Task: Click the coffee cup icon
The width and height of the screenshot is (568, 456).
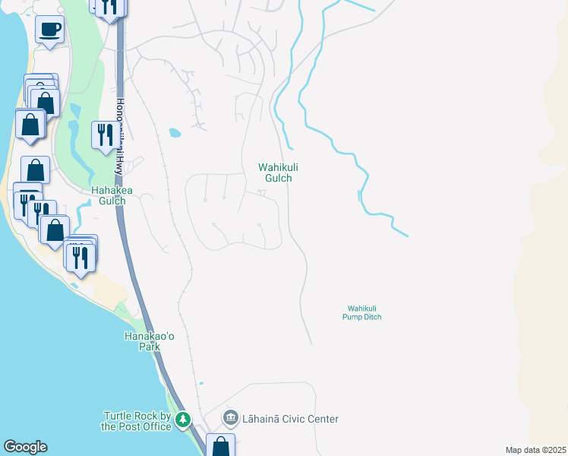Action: tap(49, 30)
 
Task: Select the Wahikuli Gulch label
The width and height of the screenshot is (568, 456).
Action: tap(275, 172)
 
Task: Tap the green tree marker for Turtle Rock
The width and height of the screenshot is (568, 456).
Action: tap(182, 420)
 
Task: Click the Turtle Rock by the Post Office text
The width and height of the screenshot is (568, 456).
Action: tap(137, 421)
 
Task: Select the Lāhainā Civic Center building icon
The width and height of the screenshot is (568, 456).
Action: tap(230, 419)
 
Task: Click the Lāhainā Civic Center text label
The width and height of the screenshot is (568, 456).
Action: tap(289, 419)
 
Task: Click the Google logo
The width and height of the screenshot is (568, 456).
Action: tap(25, 447)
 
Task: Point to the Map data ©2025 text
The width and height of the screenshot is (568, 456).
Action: tap(535, 450)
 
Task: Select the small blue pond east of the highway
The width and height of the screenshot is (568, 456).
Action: tap(175, 133)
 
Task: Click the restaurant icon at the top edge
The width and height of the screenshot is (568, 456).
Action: tap(111, 6)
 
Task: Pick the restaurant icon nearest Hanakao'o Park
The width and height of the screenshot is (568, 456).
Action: tap(80, 256)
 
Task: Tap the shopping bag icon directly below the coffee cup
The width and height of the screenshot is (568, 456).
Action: tap(45, 102)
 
